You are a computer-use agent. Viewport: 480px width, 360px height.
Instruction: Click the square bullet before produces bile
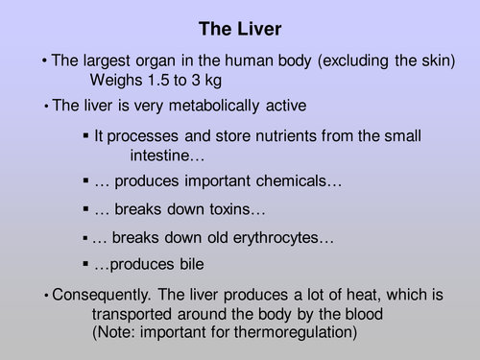86,263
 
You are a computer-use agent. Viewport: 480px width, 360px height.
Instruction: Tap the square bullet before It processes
86,136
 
